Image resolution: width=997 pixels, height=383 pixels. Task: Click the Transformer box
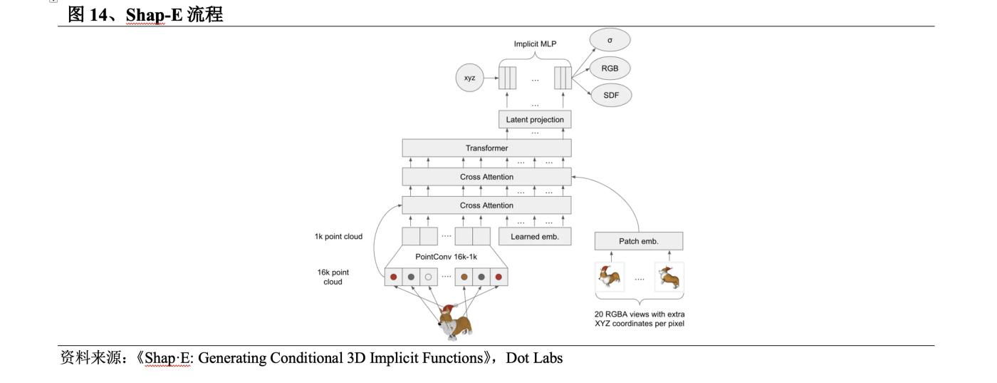(x=486, y=148)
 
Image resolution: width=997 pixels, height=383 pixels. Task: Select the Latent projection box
(x=536, y=119)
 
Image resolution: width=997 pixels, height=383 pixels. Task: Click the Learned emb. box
(x=535, y=237)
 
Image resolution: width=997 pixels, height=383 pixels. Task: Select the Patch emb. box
(x=639, y=241)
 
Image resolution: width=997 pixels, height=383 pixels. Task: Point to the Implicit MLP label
(x=535, y=44)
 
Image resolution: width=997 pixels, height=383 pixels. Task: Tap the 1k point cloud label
(x=338, y=237)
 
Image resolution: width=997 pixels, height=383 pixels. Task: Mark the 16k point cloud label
(x=333, y=277)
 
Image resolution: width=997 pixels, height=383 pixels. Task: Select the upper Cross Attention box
(x=486, y=176)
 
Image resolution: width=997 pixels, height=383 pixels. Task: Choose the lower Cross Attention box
(x=486, y=205)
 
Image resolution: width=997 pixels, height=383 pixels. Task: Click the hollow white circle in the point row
(x=428, y=277)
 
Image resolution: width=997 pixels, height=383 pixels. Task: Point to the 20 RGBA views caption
(x=640, y=319)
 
